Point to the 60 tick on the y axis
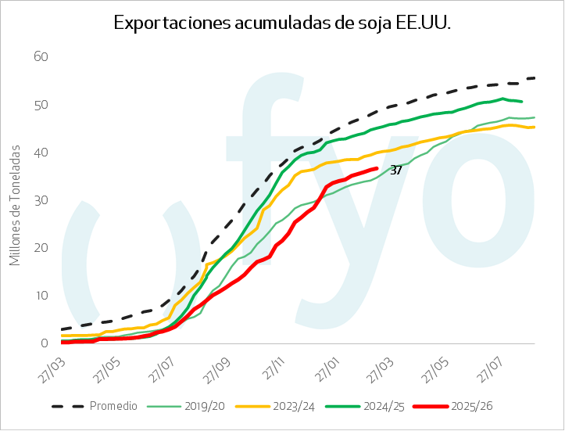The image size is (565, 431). (41, 56)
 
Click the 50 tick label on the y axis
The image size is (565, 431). (41, 104)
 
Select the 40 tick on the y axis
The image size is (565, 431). (41, 152)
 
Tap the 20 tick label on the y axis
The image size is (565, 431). (41, 247)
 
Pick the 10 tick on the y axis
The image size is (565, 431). (41, 295)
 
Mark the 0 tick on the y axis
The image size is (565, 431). (45, 343)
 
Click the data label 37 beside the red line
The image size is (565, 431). (395, 170)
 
